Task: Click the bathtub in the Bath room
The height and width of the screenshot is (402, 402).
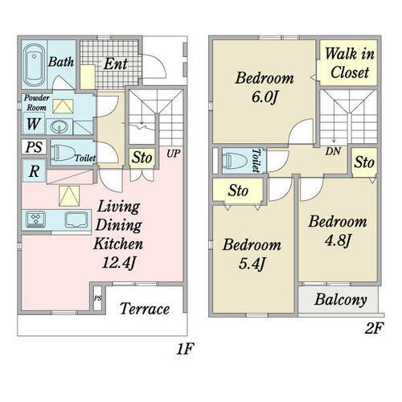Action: (x=34, y=65)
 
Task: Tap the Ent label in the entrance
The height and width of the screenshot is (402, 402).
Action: (x=116, y=64)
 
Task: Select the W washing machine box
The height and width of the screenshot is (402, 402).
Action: (x=34, y=124)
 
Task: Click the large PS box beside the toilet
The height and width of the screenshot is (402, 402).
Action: (x=34, y=147)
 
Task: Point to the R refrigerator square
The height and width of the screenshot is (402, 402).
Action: (x=34, y=170)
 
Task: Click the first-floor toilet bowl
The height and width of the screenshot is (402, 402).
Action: (x=64, y=153)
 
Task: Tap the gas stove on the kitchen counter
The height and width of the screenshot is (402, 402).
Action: (x=35, y=219)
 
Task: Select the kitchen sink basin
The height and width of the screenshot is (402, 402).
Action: (x=76, y=219)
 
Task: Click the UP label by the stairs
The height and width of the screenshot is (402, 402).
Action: (x=173, y=154)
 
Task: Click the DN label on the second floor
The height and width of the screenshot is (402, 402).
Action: (x=333, y=151)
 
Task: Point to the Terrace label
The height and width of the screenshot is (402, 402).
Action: (x=145, y=309)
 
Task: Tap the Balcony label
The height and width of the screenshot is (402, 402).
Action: (x=341, y=300)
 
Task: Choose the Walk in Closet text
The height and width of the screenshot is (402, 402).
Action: (x=350, y=63)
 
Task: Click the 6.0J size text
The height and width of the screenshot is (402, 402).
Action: (x=264, y=97)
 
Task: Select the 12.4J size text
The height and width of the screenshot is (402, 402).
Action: (x=118, y=263)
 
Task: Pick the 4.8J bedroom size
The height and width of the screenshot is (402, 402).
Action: (x=338, y=240)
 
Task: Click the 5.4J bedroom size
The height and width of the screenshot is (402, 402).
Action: (x=252, y=264)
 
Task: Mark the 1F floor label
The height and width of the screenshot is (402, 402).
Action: (x=185, y=349)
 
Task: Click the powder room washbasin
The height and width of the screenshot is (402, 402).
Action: (x=59, y=127)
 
